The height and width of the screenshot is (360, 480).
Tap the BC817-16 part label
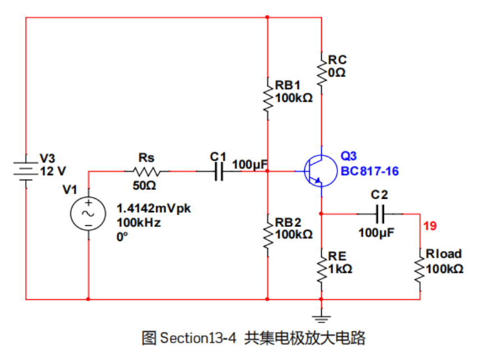369,171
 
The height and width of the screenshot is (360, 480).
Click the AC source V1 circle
88,213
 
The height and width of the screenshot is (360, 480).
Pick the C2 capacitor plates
380,214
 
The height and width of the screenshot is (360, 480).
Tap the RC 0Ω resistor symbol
321,69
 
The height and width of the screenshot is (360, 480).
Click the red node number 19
430,226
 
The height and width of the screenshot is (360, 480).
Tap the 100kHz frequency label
139,222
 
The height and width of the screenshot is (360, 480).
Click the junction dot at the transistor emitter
321,214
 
